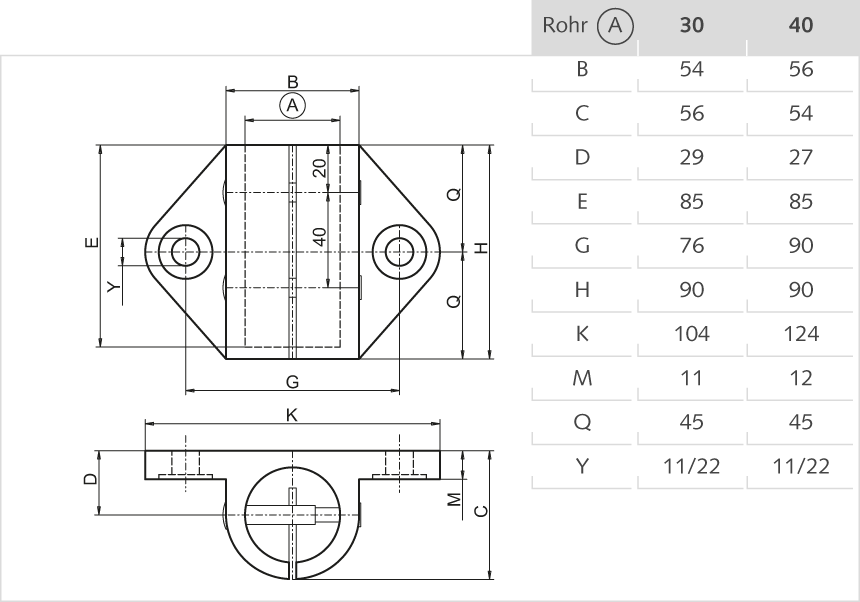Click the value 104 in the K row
[691, 335]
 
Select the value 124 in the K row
[800, 335]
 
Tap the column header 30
[691, 26]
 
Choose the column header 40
[800, 26]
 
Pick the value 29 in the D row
[691, 158]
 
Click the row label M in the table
[582, 379]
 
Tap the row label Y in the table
[582, 467]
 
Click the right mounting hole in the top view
[401, 250]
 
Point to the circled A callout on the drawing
[292, 105]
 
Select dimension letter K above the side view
[292, 414]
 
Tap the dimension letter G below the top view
[292, 381]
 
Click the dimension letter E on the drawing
[91, 243]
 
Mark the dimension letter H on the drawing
[480, 248]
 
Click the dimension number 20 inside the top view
[319, 167]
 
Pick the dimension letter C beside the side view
[480, 512]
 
